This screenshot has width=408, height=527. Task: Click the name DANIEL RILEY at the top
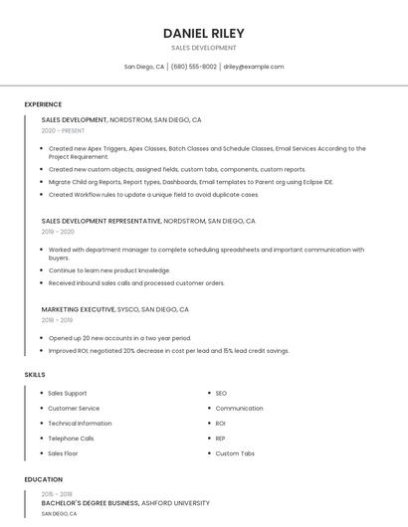(x=203, y=33)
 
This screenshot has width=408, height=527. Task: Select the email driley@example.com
(x=254, y=67)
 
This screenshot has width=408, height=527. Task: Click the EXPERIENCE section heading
(x=43, y=104)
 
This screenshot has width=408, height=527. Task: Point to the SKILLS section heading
(x=35, y=374)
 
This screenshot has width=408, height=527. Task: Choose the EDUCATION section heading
(x=43, y=479)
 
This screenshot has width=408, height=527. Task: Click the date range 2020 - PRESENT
(x=63, y=130)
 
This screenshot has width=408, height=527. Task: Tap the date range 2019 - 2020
(x=58, y=231)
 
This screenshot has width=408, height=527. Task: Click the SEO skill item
(x=221, y=394)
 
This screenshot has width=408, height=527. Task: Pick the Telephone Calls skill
(x=71, y=439)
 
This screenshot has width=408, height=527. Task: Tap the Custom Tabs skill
(x=235, y=453)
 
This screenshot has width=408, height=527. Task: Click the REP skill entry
(x=221, y=439)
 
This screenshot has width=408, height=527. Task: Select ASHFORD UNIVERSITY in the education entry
(x=176, y=503)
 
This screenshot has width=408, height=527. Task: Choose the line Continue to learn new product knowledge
(x=109, y=270)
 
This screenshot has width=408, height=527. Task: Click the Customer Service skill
(x=74, y=409)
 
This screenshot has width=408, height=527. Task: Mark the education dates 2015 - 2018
(x=57, y=494)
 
